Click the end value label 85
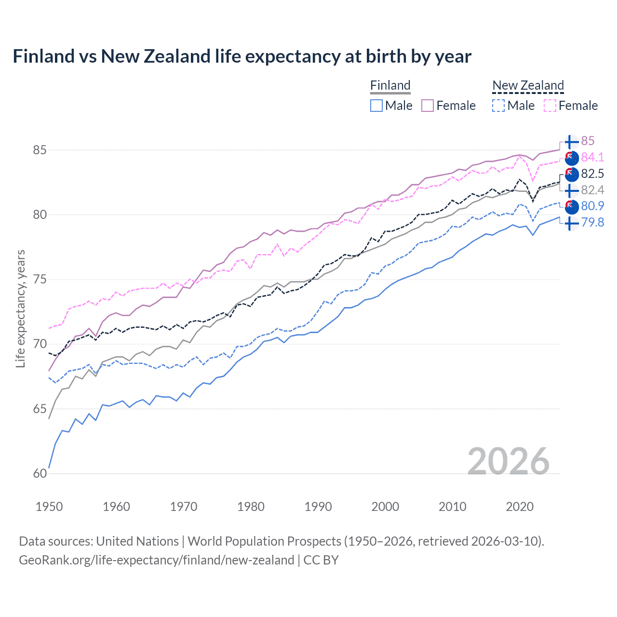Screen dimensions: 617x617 588,141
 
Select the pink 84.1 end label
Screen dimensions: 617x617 592,157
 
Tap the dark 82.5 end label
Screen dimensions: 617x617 592,174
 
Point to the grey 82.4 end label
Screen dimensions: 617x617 592,190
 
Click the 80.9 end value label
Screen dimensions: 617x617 592,206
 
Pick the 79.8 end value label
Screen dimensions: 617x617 592,222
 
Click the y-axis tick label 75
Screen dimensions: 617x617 40,280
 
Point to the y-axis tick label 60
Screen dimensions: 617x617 40,474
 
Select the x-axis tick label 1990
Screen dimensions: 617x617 318,507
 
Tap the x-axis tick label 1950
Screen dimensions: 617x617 49,507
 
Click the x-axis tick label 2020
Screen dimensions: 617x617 520,507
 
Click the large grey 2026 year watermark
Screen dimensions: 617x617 508,461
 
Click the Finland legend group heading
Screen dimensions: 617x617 390,85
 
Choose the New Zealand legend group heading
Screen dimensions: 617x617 528,85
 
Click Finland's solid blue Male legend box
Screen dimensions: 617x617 376,106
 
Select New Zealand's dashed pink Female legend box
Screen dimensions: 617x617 550,106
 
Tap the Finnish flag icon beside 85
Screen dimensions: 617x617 571,142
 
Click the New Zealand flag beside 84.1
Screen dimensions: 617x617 571,158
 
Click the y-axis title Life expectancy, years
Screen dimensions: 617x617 20,308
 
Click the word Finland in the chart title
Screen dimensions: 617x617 43,56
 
